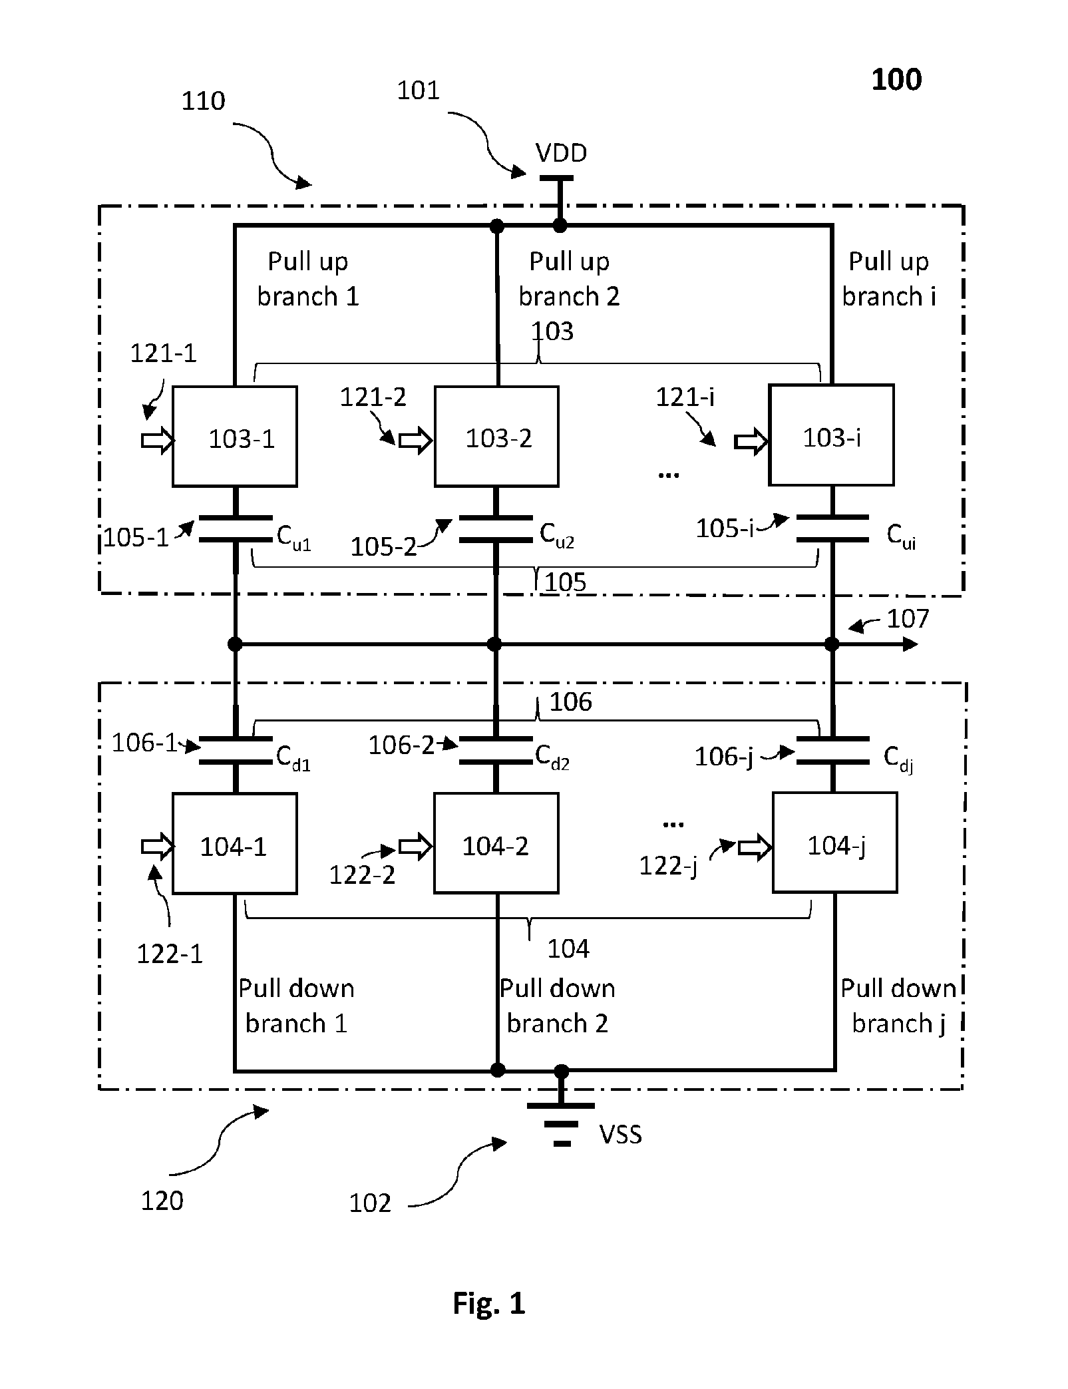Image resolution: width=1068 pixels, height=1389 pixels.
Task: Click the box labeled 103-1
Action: click(x=234, y=436)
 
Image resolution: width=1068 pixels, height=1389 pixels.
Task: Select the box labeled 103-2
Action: click(x=496, y=436)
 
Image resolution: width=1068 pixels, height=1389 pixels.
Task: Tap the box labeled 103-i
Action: click(x=831, y=435)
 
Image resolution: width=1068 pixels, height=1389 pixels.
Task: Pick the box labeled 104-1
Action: click(x=234, y=843)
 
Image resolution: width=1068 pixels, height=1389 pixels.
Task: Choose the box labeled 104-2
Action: click(x=496, y=843)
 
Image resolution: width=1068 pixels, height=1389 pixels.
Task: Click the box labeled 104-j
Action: click(x=834, y=843)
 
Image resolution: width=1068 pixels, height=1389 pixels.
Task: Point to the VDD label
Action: click(x=562, y=153)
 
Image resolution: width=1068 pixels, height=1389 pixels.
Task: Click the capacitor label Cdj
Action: click(x=898, y=759)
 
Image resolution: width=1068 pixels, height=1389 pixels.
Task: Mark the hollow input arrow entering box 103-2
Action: click(x=415, y=440)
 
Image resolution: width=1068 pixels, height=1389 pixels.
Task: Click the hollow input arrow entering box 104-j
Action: click(x=755, y=847)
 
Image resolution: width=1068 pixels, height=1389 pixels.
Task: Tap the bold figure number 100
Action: click(x=896, y=80)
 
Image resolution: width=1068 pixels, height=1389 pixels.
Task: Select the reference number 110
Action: click(x=204, y=101)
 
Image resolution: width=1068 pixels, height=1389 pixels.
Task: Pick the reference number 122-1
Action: click(x=170, y=954)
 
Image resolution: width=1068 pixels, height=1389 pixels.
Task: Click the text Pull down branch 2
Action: click(x=558, y=1006)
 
